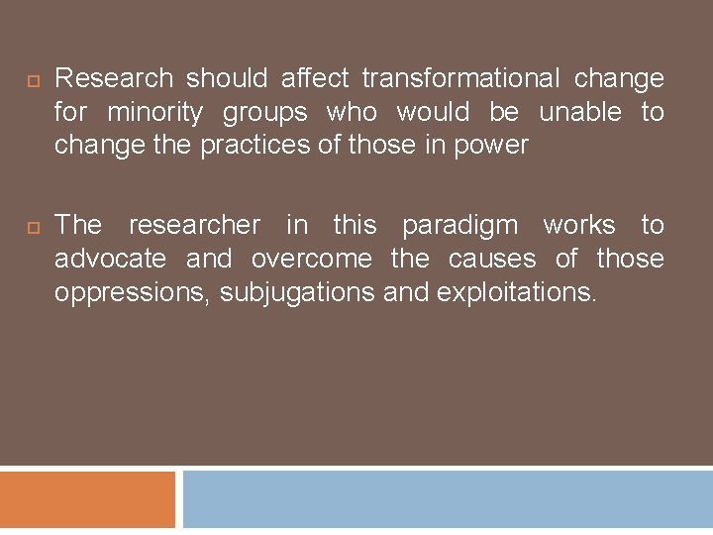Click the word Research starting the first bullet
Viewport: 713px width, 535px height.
click(x=114, y=78)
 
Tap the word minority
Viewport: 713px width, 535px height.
click(x=154, y=112)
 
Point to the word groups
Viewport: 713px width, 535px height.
click(x=264, y=113)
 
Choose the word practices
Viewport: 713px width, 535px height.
click(x=255, y=146)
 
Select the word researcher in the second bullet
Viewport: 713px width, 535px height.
click(x=195, y=225)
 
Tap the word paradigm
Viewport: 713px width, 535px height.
click(x=459, y=226)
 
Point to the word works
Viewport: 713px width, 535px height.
click(x=580, y=225)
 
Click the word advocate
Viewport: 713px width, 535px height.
click(x=111, y=259)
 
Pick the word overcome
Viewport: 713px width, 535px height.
click(x=312, y=259)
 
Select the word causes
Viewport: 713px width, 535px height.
click(x=492, y=259)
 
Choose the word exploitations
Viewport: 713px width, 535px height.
click(x=515, y=292)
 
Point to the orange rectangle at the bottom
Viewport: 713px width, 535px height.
click(x=87, y=499)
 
